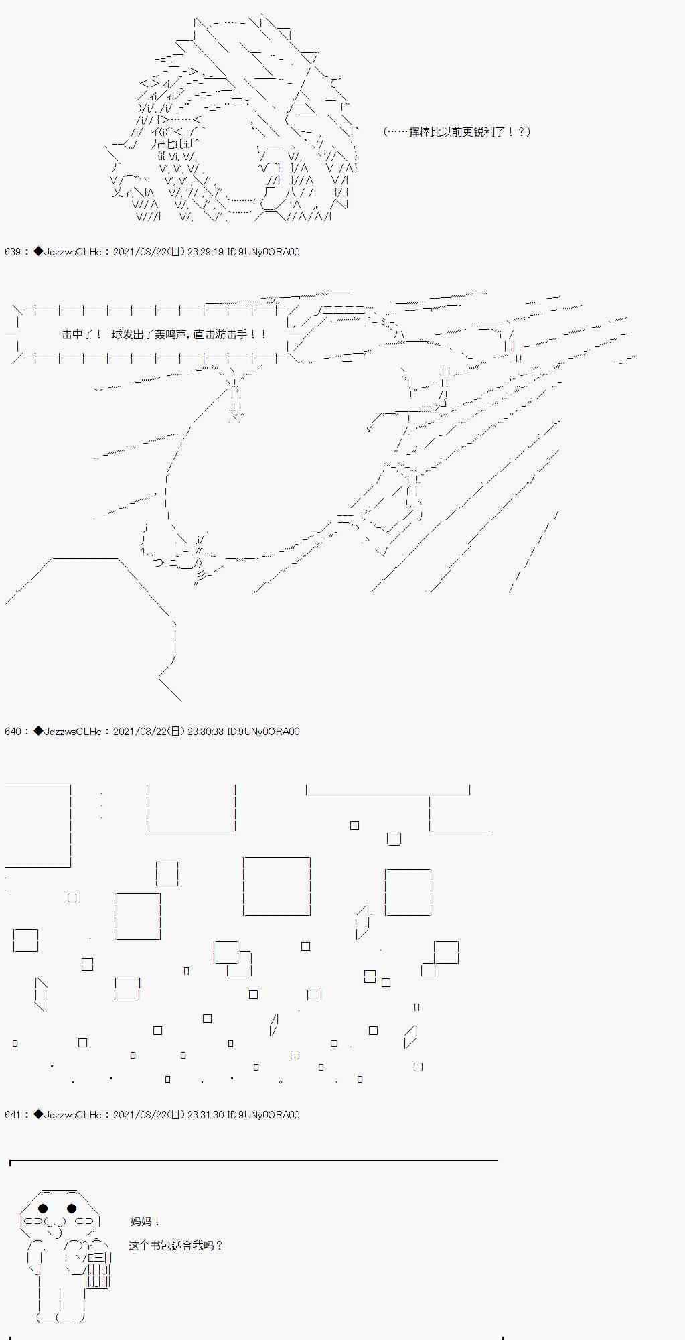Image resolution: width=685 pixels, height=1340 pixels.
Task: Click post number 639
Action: coord(13,252)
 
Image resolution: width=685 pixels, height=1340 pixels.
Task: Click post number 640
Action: coord(13,732)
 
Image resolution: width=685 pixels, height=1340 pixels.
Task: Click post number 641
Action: coord(13,1115)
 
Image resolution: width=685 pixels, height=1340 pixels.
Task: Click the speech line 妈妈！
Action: coord(145,1222)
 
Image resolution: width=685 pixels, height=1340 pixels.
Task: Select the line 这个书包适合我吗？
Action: coord(175,1246)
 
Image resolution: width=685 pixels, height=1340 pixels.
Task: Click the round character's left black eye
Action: coord(44,1209)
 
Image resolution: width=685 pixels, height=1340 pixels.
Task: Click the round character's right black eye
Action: coord(72,1209)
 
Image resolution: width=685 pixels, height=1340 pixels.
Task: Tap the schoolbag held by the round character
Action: coord(97,1268)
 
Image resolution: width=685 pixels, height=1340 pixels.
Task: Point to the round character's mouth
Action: coord(58,1228)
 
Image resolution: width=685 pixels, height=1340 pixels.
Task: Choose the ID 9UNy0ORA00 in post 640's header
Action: coord(269,732)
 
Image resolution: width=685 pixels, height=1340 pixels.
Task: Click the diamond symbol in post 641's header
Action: coord(38,1115)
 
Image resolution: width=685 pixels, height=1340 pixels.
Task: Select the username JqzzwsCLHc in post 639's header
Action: coord(72,252)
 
